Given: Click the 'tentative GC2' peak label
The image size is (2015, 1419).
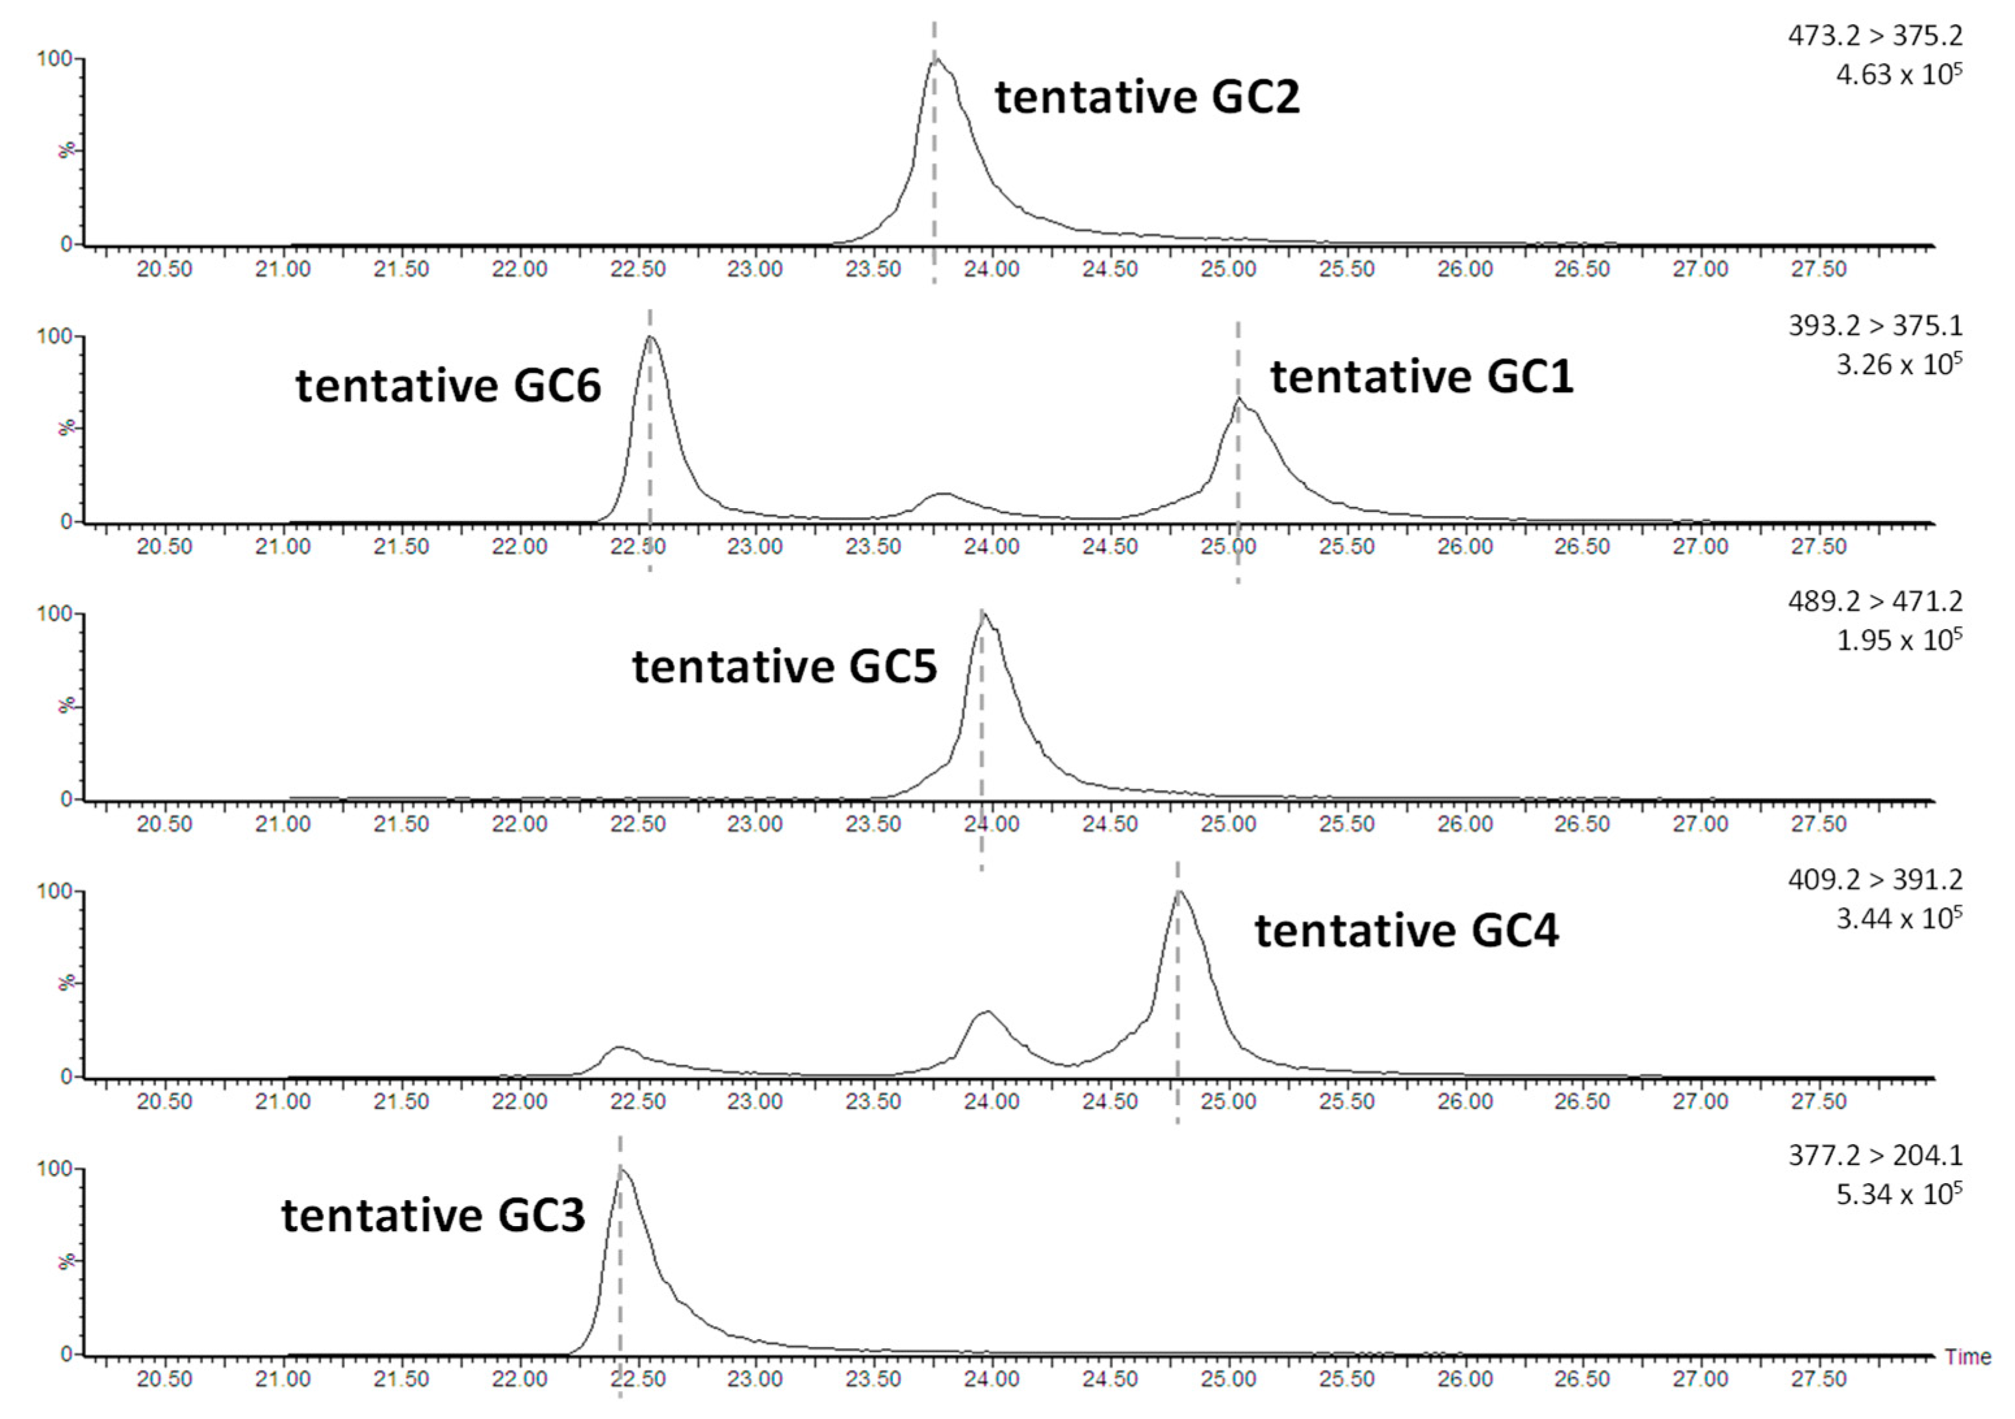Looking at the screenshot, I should click(1146, 97).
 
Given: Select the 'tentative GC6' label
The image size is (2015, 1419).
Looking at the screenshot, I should click(448, 386).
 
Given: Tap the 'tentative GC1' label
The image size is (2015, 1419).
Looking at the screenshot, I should click(1422, 377).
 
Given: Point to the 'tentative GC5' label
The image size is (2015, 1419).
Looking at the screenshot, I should click(784, 667).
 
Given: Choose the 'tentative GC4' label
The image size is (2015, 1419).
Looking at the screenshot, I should click(1406, 931).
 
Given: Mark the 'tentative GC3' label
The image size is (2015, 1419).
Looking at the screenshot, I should click(433, 1216).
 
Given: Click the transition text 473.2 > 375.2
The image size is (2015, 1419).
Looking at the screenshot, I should click(1875, 36).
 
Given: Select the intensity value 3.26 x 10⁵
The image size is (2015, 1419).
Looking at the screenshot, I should click(1898, 364).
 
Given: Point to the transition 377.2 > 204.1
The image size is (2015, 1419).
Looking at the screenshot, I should click(1875, 1156).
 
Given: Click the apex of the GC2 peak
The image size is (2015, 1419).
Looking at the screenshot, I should click(936, 60).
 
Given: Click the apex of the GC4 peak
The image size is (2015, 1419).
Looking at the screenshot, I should click(1179, 893).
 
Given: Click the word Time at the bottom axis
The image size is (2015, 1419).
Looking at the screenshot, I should click(1968, 1357).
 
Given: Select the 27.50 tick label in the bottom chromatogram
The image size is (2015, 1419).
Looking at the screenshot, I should click(1818, 1379).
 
